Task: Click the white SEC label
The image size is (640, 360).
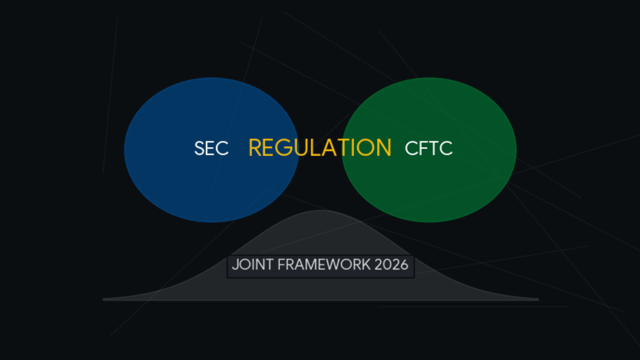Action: click(211, 148)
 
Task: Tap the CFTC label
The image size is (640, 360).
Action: click(428, 148)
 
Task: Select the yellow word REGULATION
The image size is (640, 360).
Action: click(319, 147)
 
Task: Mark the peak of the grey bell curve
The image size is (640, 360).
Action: click(320, 211)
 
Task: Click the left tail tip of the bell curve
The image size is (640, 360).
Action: click(104, 299)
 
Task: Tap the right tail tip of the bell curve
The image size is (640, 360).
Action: click(537, 299)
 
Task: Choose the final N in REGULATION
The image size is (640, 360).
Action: click(383, 148)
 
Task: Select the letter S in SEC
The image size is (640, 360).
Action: click(199, 148)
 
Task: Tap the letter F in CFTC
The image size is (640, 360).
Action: click(422, 148)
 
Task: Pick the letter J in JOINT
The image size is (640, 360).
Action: click(235, 264)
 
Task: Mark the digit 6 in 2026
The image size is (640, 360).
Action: click(404, 264)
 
